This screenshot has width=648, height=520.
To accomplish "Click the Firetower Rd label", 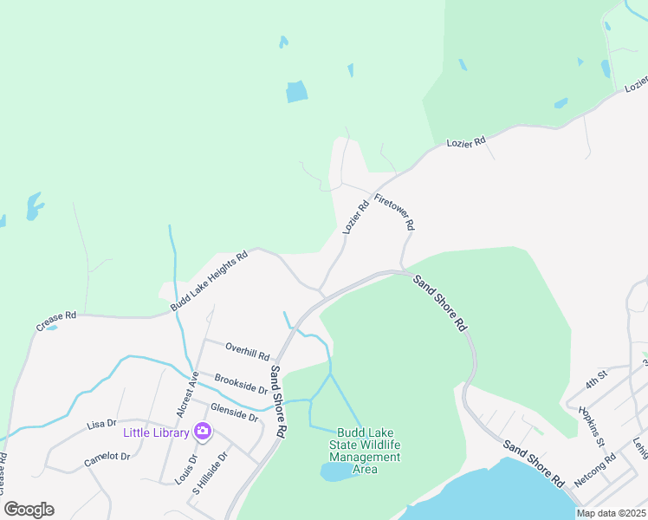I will pos(395,211).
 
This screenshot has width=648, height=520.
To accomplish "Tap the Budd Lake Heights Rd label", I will pos(209,281).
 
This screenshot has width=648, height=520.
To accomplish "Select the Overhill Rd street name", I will pos(248,352).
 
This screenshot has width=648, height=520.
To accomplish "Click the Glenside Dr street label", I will pos(234,412).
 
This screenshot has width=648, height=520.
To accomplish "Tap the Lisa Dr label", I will pos(101,424).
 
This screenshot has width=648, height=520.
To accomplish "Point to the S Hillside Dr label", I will pos(210,471).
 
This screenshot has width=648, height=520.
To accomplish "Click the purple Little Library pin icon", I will pos(203,430).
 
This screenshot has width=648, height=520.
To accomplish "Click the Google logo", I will pos(29,510).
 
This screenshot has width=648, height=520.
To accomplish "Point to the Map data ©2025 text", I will pos(612,513).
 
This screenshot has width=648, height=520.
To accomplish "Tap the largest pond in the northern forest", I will pos(297,91).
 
